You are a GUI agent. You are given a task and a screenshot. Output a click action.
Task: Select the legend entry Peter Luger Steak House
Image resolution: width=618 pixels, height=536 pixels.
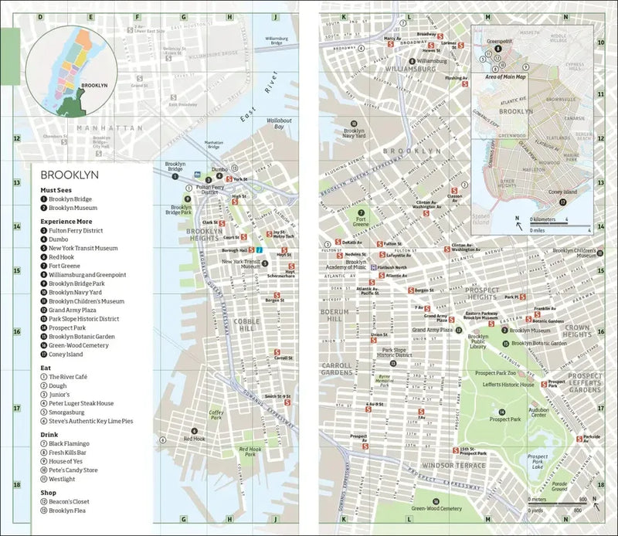[x=81, y=403]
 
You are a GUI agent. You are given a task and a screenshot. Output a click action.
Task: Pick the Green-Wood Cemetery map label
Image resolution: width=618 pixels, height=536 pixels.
[x=436, y=509]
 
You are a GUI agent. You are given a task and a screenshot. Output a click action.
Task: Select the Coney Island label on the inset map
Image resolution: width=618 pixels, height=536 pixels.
[x=563, y=192]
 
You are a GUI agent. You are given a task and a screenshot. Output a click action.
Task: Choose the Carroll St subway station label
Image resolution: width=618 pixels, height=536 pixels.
[x=284, y=358]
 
